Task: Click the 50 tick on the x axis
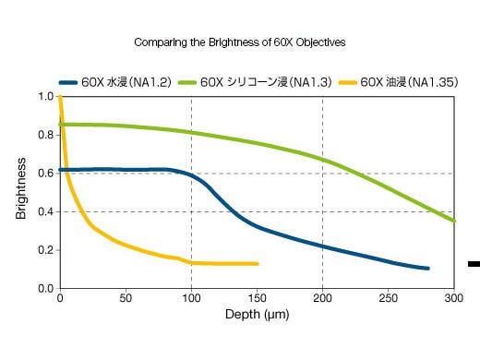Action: (x=126, y=298)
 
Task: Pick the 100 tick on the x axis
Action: (x=191, y=298)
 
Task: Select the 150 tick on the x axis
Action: (x=258, y=298)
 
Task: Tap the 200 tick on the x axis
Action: (x=323, y=298)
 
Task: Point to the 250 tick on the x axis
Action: (x=389, y=298)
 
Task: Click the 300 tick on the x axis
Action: (x=453, y=298)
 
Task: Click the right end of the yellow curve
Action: (x=257, y=264)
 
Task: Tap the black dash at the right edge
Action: (x=474, y=265)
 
